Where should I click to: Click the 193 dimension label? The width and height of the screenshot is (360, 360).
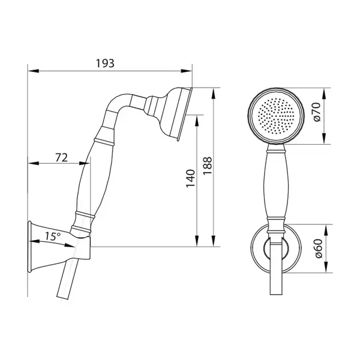point(105,64)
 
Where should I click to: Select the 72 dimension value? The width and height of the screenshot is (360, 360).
point(62,158)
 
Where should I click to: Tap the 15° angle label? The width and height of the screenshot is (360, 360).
point(53,236)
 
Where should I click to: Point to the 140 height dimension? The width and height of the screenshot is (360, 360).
point(191,178)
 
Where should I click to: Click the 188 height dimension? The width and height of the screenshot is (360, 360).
point(208,166)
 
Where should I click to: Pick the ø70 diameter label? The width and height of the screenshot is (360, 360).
point(317,112)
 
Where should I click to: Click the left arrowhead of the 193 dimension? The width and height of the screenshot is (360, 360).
point(33,71)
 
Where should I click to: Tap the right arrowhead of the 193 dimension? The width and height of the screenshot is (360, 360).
point(186,71)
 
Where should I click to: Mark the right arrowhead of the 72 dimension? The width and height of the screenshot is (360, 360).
point(85,163)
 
